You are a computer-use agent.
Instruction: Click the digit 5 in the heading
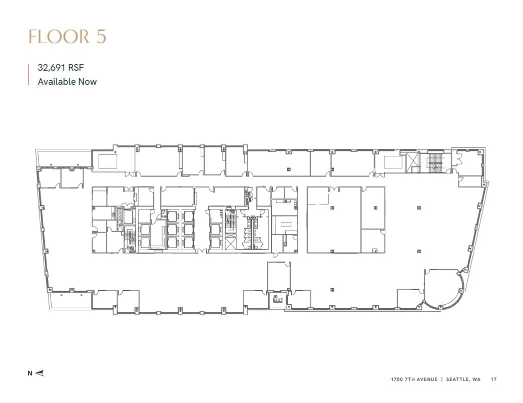(100, 37)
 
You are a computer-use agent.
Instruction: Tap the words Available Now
(67, 81)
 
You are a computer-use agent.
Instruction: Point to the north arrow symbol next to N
(40, 373)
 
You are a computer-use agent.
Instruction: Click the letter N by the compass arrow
(29, 373)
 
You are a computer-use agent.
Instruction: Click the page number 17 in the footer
(493, 379)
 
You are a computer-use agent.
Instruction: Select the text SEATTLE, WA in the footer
(463, 379)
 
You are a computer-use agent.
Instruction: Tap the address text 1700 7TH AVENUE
(414, 379)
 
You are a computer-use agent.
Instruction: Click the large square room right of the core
(333, 220)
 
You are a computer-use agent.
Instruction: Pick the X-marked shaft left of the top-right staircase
(413, 162)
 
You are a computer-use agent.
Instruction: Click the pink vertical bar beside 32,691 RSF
(29, 74)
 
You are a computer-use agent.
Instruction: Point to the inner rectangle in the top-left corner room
(107, 161)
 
